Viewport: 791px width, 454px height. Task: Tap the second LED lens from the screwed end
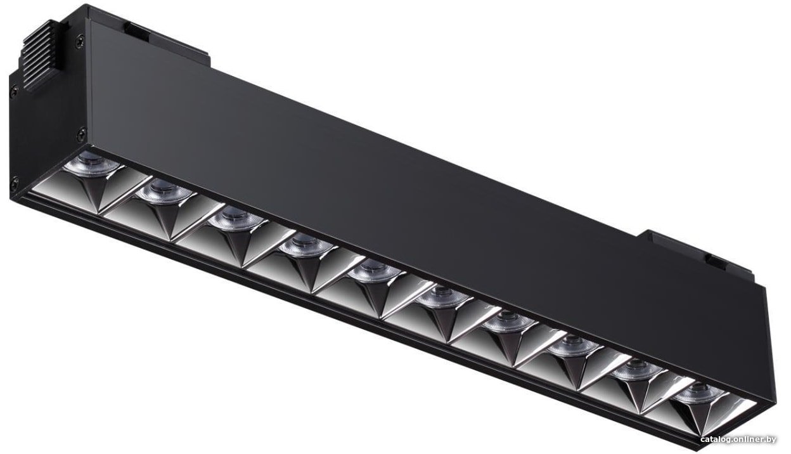coord(164,192)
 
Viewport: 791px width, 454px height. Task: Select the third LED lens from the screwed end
coord(236,218)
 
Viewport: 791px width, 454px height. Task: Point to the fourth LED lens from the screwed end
coord(305,245)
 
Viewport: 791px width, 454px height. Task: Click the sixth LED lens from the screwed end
coord(443,296)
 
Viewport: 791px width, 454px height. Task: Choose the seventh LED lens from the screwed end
coord(509,320)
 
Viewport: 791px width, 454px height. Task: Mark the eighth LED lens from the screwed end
coord(574,345)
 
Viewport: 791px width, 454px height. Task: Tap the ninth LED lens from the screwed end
coord(638,368)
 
